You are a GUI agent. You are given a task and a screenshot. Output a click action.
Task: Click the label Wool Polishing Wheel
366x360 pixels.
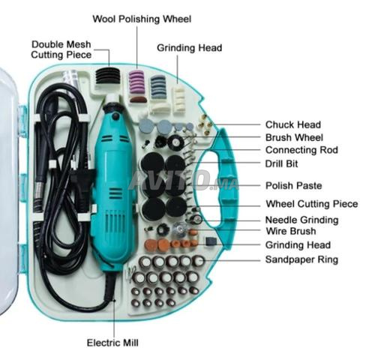tap(142, 19)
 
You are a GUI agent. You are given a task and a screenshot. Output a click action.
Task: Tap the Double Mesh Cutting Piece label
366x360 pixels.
tap(61, 49)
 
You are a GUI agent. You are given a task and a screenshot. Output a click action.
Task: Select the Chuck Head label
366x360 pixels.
tap(293, 124)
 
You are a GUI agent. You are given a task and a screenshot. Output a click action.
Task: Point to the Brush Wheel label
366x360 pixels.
tap(294, 137)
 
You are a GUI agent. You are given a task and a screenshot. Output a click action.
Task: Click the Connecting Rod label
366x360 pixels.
tap(301, 150)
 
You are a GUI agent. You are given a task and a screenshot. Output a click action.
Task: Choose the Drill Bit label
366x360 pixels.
tap(281, 163)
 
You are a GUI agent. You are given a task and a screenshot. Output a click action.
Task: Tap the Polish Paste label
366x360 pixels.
tap(294, 185)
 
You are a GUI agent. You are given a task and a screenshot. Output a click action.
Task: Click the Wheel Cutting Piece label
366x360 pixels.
tap(312, 204)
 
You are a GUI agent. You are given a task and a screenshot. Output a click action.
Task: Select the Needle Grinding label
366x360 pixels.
tap(302, 220)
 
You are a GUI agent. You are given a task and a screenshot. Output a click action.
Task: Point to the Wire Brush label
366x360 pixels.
tap(291, 231)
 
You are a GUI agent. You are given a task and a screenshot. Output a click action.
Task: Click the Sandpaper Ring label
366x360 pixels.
tap(301, 259)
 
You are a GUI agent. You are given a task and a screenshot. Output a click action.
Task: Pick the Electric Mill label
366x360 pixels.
tap(112, 343)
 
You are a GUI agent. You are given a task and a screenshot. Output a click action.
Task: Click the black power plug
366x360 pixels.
tap(80, 181)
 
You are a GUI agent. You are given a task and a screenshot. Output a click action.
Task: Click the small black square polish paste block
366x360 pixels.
tap(211, 241)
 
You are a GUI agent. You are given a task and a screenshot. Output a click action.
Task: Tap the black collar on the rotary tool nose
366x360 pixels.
tap(113, 109)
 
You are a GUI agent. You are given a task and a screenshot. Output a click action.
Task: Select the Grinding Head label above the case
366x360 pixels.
tap(190, 48)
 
